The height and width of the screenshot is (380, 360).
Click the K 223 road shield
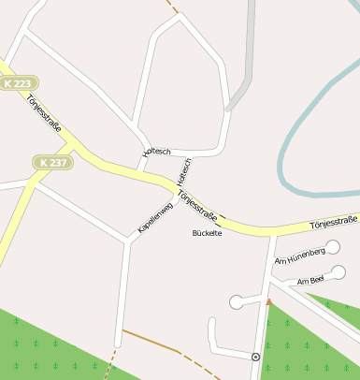19,83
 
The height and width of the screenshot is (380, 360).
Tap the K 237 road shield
52,162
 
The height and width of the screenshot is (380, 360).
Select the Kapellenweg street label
155,215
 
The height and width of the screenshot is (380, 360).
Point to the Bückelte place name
207,232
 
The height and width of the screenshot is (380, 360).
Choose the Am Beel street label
310,280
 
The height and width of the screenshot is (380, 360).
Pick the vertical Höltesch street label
184,171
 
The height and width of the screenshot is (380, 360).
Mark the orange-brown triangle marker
269,301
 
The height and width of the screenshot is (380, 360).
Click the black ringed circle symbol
255,357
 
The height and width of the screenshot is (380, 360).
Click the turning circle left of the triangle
236,301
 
